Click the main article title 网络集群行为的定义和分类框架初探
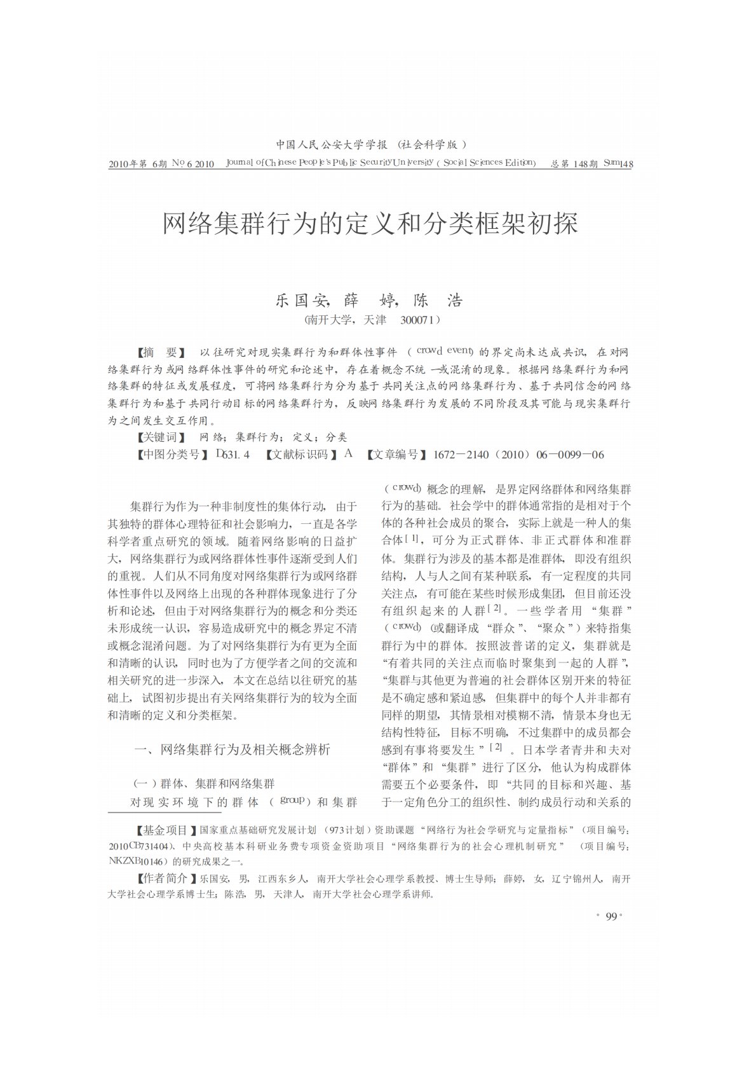370,224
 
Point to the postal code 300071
418,320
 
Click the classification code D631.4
233,454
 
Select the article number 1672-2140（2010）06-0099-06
518,454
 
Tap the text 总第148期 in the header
574,163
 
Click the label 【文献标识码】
302,454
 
